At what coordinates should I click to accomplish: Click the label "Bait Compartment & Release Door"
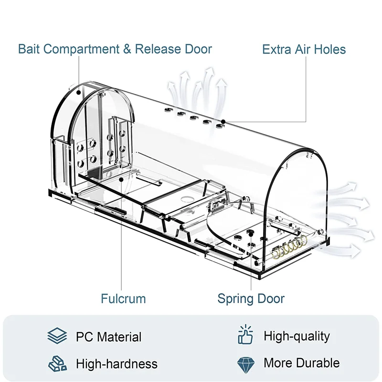coord(115,49)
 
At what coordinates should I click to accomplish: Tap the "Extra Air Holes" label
coord(304,49)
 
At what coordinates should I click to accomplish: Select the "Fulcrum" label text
coord(123,299)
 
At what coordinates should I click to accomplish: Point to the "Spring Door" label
coord(251,299)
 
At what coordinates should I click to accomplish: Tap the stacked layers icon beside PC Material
coord(57,336)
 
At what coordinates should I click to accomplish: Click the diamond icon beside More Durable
coord(246,363)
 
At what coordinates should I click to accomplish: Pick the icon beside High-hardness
coord(57,363)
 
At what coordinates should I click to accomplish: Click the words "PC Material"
coord(108,337)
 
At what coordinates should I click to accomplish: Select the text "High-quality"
coord(297,336)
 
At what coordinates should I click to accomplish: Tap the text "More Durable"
coord(301,363)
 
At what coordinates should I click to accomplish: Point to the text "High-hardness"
coord(117,364)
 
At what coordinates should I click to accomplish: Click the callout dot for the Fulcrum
coord(123,180)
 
